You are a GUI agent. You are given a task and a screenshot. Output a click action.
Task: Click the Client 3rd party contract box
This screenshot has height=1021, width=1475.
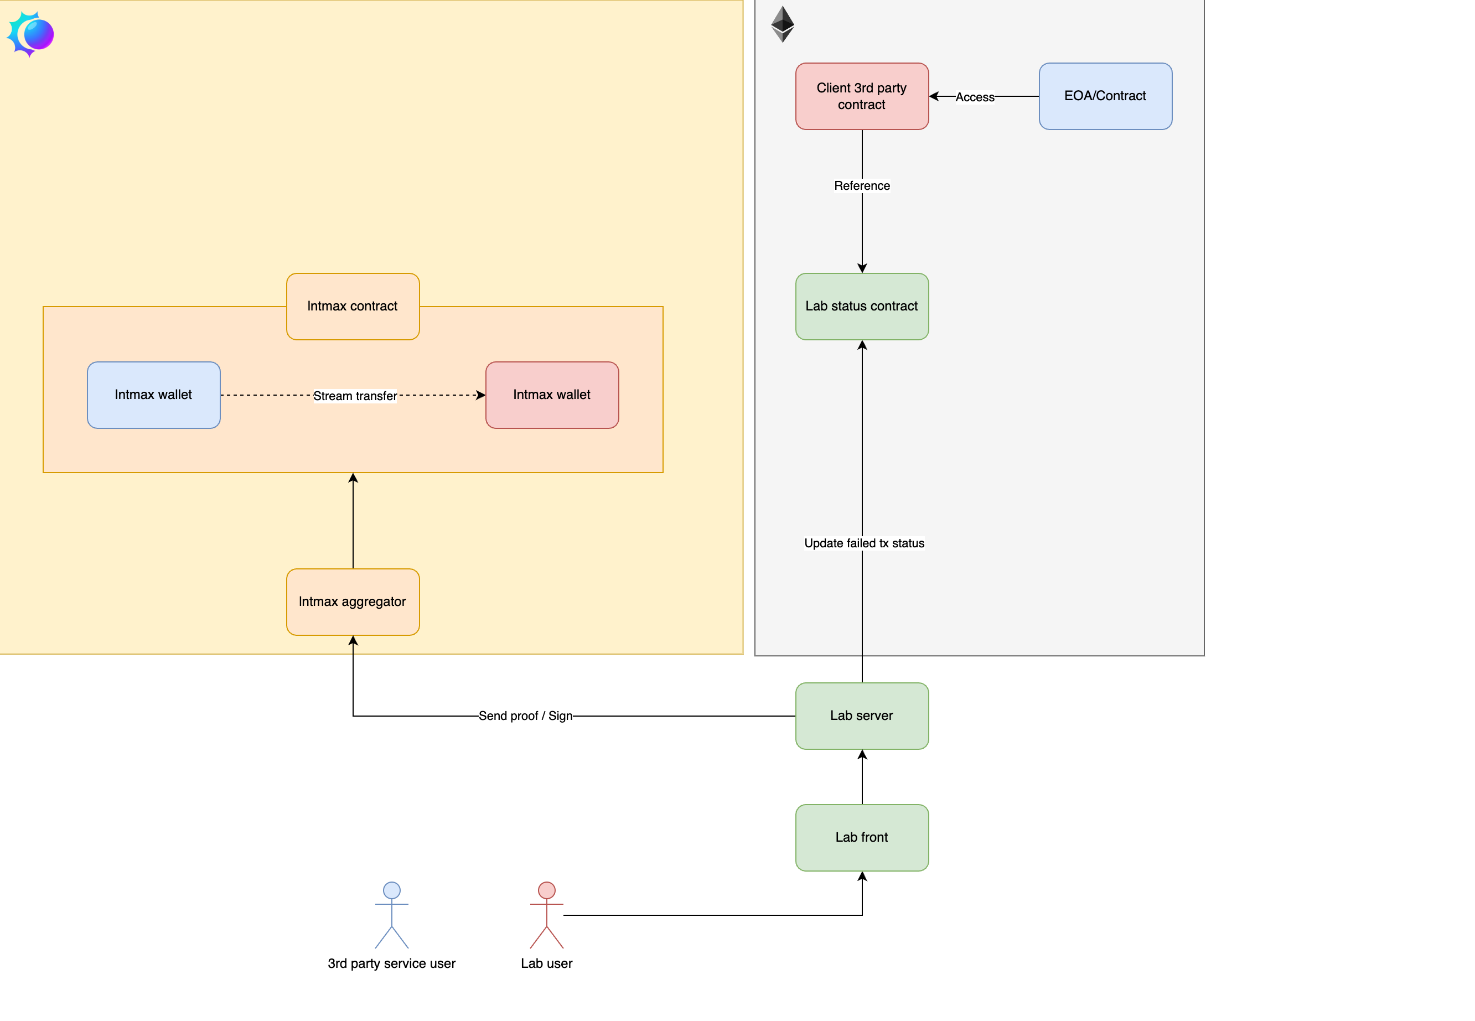[x=862, y=96]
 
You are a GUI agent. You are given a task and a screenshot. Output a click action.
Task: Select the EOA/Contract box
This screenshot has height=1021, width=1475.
[x=1105, y=96]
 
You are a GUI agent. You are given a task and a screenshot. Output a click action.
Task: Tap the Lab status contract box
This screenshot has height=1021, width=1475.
[x=862, y=307]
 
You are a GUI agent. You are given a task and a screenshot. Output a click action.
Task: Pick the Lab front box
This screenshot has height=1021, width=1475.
[x=862, y=837]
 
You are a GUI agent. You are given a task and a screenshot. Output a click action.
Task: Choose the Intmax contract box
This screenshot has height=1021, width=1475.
[x=353, y=307]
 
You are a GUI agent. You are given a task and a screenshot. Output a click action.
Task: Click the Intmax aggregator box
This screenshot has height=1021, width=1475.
[x=353, y=602]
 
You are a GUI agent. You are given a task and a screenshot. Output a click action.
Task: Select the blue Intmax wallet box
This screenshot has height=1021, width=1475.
[x=153, y=395]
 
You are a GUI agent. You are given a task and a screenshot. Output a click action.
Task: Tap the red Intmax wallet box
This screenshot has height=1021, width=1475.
[x=551, y=395]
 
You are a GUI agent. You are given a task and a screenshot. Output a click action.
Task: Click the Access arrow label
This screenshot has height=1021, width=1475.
[x=974, y=97]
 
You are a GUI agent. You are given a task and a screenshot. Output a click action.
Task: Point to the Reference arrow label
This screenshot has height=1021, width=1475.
[x=862, y=185]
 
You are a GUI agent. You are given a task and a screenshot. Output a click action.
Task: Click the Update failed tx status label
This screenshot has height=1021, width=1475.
[x=863, y=543]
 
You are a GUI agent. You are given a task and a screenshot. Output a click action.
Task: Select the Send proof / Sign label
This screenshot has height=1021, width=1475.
[x=525, y=716]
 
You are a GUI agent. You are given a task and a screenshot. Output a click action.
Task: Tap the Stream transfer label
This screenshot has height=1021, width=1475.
[x=354, y=396]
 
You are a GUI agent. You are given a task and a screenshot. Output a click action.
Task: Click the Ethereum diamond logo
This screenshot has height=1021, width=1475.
[x=782, y=24]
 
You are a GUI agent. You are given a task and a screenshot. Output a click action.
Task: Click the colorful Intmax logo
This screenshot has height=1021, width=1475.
[x=30, y=34]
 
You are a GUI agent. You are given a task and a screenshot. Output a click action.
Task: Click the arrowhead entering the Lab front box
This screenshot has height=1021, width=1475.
[x=862, y=877]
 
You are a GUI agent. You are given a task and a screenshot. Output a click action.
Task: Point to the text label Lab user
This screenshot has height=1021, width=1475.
[x=546, y=963]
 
